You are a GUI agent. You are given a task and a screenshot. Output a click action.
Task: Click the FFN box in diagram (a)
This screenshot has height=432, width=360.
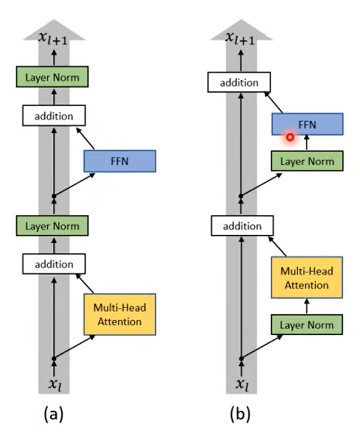[x=120, y=161]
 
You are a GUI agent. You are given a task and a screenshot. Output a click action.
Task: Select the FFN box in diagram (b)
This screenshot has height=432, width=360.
[x=307, y=124]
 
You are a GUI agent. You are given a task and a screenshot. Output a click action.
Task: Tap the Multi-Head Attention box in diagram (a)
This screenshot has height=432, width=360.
[x=120, y=314]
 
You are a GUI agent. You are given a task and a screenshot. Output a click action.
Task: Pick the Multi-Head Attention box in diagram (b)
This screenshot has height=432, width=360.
[x=307, y=278]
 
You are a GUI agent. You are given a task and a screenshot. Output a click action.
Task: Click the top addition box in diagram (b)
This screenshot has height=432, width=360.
[x=239, y=82]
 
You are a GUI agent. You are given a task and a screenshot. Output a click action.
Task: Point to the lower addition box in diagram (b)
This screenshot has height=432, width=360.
[x=239, y=225]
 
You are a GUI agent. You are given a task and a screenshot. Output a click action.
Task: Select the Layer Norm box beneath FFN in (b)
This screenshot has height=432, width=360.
[x=307, y=161]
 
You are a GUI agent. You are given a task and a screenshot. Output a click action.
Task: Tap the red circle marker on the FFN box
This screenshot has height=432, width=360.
[x=289, y=137]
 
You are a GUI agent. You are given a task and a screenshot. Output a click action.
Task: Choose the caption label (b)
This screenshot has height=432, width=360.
[x=239, y=415]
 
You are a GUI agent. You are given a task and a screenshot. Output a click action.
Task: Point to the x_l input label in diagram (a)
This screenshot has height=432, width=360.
[x=54, y=384]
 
